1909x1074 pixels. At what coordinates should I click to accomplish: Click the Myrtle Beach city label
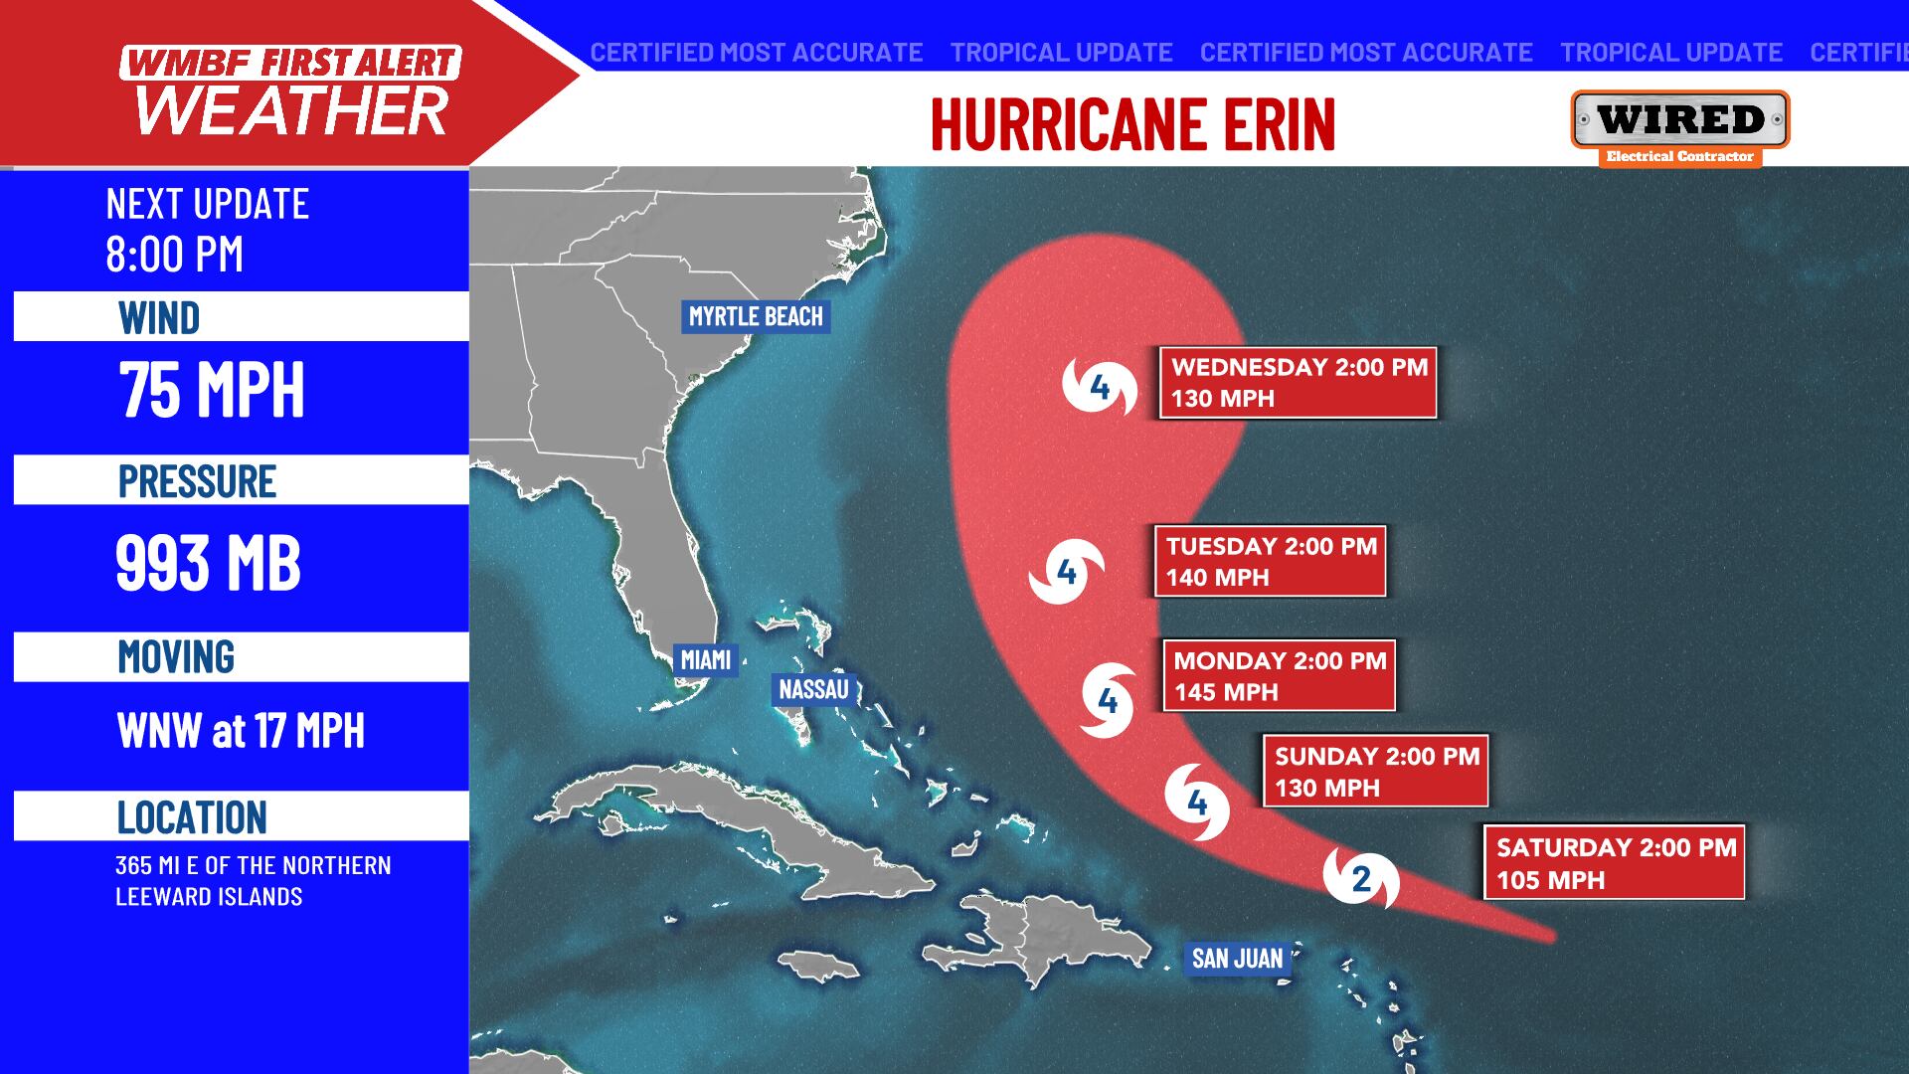756,316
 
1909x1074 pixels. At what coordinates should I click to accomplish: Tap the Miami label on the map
705,659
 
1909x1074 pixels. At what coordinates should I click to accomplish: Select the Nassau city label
813,689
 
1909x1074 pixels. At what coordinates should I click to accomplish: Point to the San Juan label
1237,958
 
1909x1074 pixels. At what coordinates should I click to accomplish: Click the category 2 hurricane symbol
1361,877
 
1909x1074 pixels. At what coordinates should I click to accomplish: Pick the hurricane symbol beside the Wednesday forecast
1100,386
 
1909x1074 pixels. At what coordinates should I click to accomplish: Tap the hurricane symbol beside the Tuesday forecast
1067,572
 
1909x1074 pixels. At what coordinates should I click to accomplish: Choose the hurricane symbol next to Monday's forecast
1109,702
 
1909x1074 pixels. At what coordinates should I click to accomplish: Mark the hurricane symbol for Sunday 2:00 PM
1197,802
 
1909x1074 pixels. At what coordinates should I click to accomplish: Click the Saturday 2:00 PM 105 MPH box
1614,863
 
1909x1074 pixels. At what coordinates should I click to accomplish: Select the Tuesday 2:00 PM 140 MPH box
1270,561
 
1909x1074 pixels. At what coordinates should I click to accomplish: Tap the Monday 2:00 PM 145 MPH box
1279,675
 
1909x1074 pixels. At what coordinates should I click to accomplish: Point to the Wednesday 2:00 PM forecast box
1298,382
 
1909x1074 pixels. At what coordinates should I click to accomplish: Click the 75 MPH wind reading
211,390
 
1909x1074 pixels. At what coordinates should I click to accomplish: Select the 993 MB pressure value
208,563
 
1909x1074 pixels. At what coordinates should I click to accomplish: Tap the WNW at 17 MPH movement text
241,731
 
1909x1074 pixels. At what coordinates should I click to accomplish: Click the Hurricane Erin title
1132,124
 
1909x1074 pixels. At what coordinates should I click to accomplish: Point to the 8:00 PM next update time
175,255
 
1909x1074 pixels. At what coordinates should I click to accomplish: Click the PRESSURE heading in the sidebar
197,481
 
